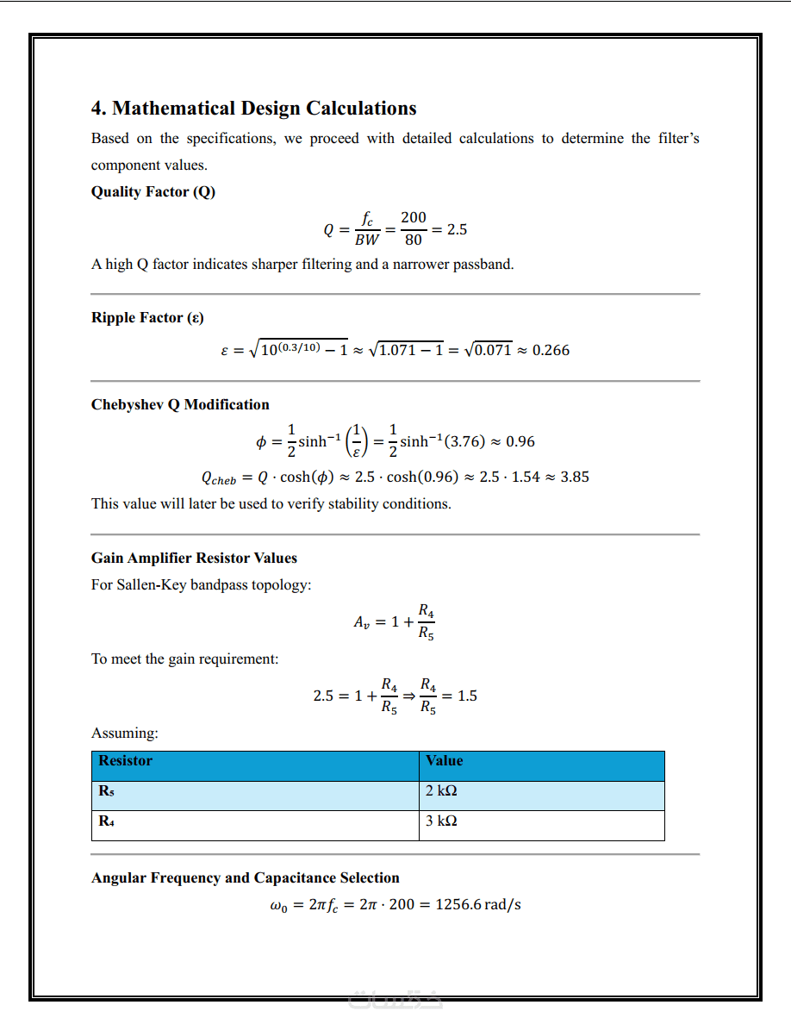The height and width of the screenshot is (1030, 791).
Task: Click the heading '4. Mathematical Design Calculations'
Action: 253,109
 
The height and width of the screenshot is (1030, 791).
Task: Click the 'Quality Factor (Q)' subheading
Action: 153,191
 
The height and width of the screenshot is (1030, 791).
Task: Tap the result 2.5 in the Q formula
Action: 457,230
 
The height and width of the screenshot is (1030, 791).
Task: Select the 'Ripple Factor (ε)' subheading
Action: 147,318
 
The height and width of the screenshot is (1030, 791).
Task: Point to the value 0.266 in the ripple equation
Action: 551,350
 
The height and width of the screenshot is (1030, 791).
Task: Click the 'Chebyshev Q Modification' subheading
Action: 180,404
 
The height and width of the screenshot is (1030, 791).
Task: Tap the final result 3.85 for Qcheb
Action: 575,477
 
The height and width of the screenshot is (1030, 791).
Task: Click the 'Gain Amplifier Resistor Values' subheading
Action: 194,558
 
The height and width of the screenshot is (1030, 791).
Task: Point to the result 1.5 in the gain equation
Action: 466,696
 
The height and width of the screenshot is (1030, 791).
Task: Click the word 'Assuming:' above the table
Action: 125,733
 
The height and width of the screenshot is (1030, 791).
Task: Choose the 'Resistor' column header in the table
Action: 125,761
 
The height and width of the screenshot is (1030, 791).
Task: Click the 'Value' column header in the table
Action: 444,761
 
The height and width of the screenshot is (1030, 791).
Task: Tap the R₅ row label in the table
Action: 107,791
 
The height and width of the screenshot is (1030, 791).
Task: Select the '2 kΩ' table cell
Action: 441,791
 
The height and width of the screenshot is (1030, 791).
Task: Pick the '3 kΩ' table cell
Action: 441,821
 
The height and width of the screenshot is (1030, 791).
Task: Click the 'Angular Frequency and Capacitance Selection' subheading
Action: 245,877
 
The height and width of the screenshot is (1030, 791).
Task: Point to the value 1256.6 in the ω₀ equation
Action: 458,905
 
